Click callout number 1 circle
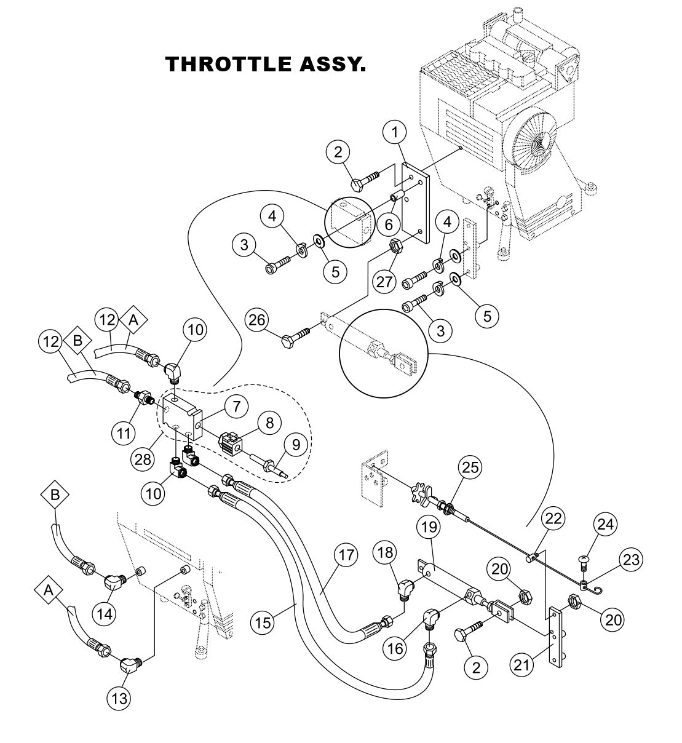click(395, 131)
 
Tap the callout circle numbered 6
click(389, 225)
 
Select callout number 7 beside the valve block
click(236, 406)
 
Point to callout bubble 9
click(296, 444)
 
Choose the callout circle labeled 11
click(124, 433)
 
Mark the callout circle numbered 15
click(263, 623)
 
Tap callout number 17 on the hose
click(346, 555)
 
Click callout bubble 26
click(258, 320)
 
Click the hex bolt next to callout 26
click(295, 338)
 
